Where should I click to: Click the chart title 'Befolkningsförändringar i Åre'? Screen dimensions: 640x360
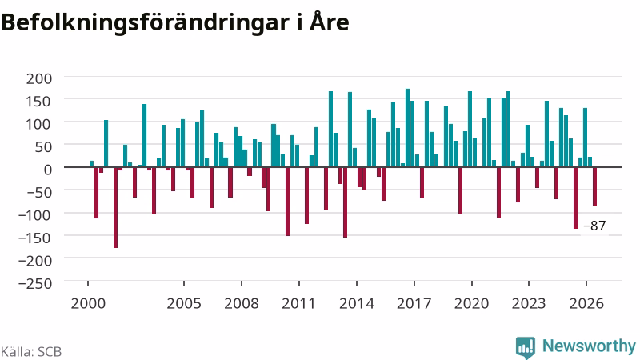pos(175,22)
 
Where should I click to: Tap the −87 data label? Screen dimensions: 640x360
pos(594,226)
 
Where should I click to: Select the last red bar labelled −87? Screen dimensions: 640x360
pos(594,187)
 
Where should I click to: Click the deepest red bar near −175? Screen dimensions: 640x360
pos(115,208)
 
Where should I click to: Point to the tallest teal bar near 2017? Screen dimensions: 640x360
pos(407,128)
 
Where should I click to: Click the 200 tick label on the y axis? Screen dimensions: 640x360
pos(39,78)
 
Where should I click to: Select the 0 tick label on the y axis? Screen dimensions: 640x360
pos(48,170)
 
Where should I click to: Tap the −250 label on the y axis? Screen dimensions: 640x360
pos(35,283)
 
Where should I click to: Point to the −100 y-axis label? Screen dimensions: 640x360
pos(35,214)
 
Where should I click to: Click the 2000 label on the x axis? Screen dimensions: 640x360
pos(88,304)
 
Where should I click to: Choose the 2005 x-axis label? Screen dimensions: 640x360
pos(184,304)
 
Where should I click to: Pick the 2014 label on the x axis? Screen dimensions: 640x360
pos(357,304)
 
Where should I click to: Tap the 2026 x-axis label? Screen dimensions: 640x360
pos(586,304)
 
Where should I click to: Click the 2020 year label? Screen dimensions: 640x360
pos(471,304)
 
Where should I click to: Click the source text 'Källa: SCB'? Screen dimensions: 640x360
pos(31,352)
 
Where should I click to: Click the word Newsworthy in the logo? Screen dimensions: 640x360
pos(589,346)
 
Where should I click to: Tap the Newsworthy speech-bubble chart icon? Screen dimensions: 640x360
pos(526,348)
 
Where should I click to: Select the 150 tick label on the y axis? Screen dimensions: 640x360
pos(39,102)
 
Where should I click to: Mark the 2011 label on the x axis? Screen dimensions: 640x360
pos(298,304)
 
